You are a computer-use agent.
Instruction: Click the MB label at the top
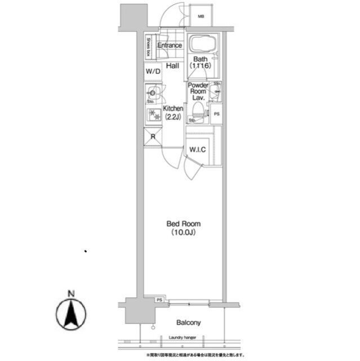click(201, 16)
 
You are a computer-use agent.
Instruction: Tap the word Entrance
click(169, 46)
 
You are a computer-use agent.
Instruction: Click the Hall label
click(172, 66)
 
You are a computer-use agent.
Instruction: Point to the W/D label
click(153, 72)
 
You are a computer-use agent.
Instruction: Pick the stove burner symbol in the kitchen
click(153, 115)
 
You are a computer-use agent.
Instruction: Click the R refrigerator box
click(152, 137)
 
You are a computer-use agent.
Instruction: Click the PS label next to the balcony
click(159, 300)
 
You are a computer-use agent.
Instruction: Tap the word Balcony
click(189, 323)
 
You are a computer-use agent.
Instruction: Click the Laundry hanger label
click(181, 338)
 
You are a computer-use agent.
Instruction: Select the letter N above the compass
click(71, 293)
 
